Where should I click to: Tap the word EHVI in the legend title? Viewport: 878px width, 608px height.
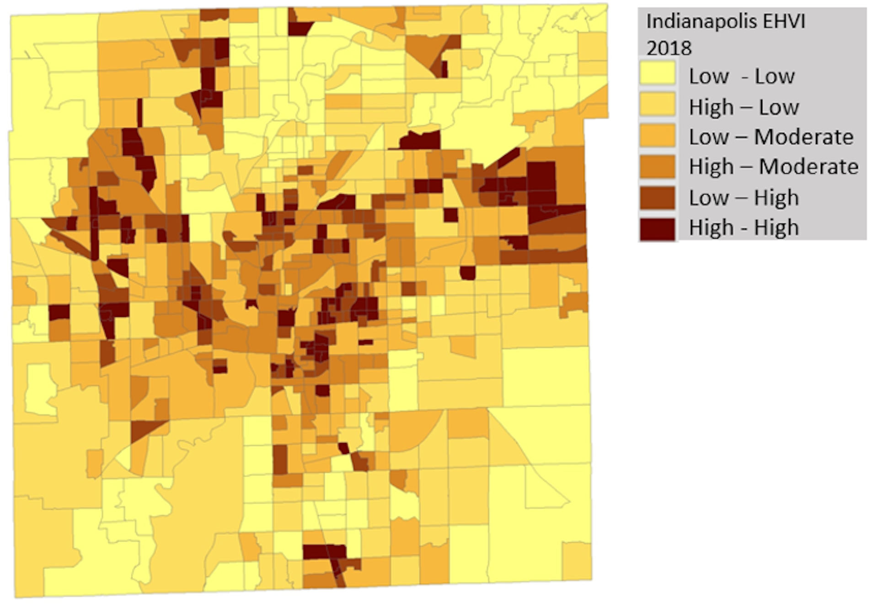click(x=782, y=22)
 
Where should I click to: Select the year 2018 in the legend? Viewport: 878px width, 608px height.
click(x=669, y=48)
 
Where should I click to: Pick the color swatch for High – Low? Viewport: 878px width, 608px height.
click(x=657, y=105)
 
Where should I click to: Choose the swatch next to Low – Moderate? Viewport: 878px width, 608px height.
click(x=657, y=136)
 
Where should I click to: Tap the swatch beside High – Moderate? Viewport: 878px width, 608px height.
click(x=657, y=166)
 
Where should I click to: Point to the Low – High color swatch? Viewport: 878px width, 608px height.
click(x=657, y=197)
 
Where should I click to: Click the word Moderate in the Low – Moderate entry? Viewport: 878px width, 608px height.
click(x=803, y=137)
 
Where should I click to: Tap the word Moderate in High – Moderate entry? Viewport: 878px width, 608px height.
click(x=808, y=167)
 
